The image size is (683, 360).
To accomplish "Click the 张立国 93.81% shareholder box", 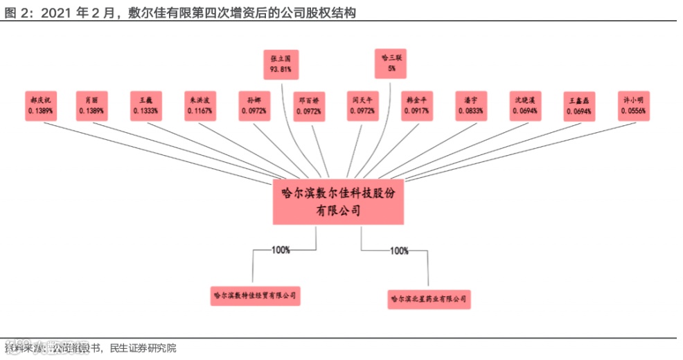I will click(x=280, y=64).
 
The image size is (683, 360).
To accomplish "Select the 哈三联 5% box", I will click(x=391, y=63).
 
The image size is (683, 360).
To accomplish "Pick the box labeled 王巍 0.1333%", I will click(x=146, y=105).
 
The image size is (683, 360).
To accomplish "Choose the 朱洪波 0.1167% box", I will click(x=200, y=105).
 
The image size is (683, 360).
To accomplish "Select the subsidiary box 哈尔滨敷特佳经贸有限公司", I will click(x=256, y=296).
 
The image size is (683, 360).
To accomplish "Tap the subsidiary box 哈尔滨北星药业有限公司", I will click(x=429, y=299).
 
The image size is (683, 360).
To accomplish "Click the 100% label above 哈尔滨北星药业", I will click(x=400, y=251).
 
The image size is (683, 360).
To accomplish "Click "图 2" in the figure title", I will click(x=14, y=12).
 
